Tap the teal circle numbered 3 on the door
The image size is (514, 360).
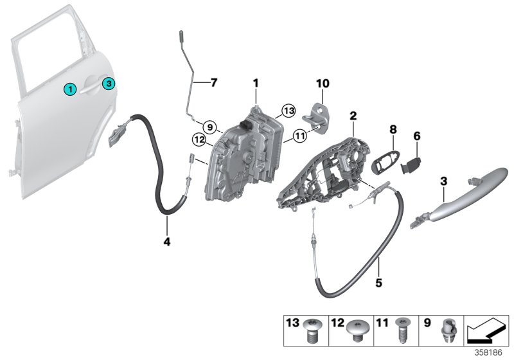109,84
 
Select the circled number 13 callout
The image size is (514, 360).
288,111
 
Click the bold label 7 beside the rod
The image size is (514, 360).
214,83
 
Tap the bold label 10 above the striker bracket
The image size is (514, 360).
321,83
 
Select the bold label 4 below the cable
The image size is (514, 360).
167,242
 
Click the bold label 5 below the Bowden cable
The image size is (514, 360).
379,282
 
